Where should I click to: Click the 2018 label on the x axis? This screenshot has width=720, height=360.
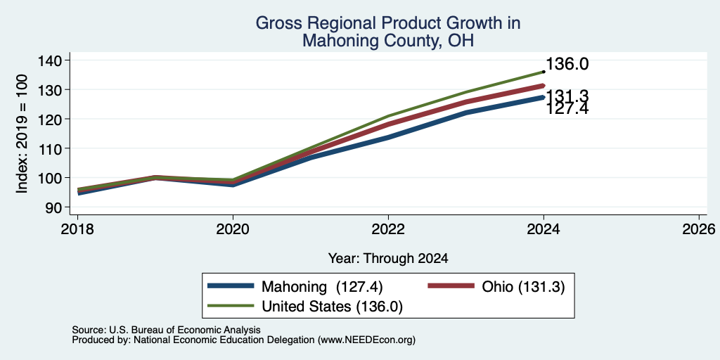click(77, 229)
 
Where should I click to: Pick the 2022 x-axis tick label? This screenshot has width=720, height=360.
click(388, 229)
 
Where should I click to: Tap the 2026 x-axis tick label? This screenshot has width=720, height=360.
click(700, 229)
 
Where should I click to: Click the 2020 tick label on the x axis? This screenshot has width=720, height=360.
click(233, 229)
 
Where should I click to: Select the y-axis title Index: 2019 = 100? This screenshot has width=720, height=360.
click(22, 134)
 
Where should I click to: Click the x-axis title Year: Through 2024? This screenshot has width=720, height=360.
click(388, 259)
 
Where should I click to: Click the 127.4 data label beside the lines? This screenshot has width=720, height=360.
click(567, 109)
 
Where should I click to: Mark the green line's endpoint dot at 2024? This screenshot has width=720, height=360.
click(544, 72)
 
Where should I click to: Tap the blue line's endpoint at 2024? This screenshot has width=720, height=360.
click(544, 97)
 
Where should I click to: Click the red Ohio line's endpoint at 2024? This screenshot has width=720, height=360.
click(544, 86)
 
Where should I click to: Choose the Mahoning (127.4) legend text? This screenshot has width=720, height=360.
click(322, 287)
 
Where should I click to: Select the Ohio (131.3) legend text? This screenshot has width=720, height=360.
click(523, 287)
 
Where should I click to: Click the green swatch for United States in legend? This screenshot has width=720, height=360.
click(231, 306)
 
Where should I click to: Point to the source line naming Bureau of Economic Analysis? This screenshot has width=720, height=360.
click(166, 330)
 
